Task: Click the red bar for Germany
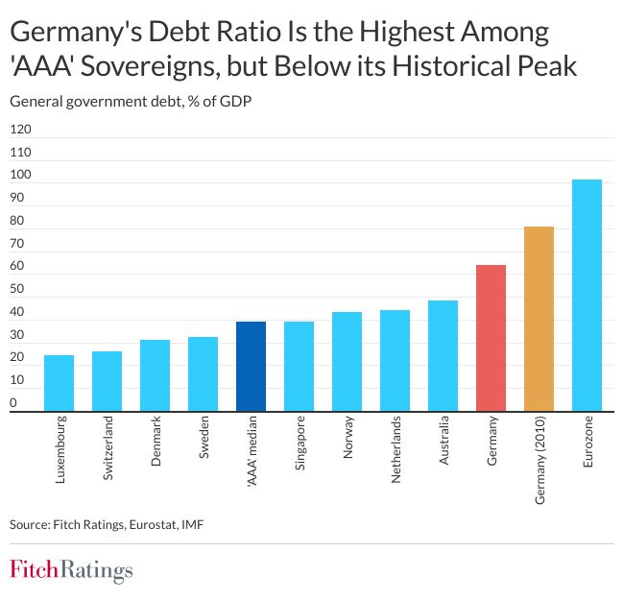tap(491, 337)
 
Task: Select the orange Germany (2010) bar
tap(539, 318)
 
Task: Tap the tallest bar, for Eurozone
tap(587, 295)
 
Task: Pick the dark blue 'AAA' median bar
tap(251, 366)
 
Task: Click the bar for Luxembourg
tap(59, 382)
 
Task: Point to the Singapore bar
tap(299, 366)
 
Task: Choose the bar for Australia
tap(443, 355)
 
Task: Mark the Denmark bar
tap(155, 374)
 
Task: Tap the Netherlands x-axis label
tap(396, 448)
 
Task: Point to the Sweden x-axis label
tap(204, 438)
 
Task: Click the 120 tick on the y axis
tap(20, 130)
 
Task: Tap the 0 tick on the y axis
tap(13, 403)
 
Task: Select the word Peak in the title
tap(545, 68)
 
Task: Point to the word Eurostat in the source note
tap(143, 524)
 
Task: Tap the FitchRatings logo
tap(71, 570)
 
